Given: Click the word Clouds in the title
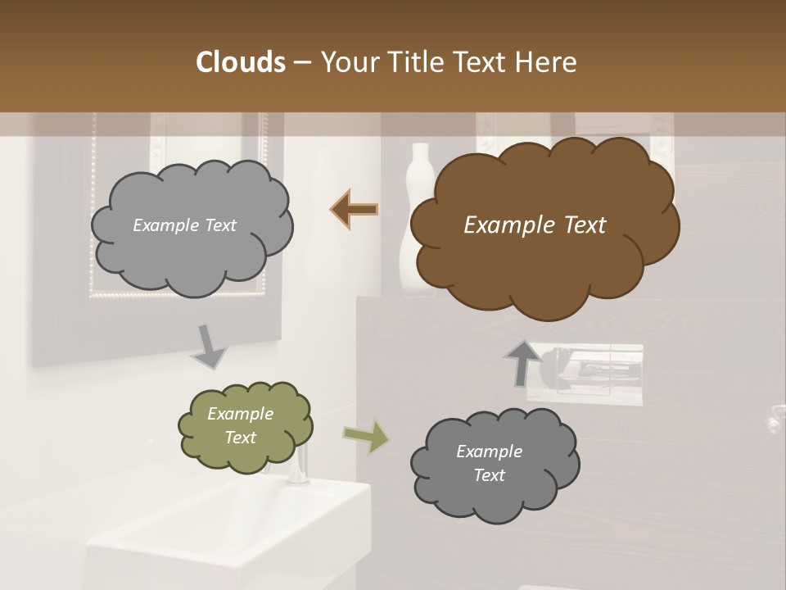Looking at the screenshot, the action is click(240, 62).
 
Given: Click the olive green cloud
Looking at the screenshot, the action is click(246, 425).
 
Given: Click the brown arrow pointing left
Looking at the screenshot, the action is click(354, 210).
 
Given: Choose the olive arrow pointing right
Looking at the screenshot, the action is click(366, 437).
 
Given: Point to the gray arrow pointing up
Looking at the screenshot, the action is click(522, 363).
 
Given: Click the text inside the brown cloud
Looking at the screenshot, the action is click(535, 225).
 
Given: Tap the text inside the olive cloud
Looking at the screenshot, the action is click(240, 425).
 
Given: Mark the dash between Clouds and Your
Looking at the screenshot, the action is click(301, 62).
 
